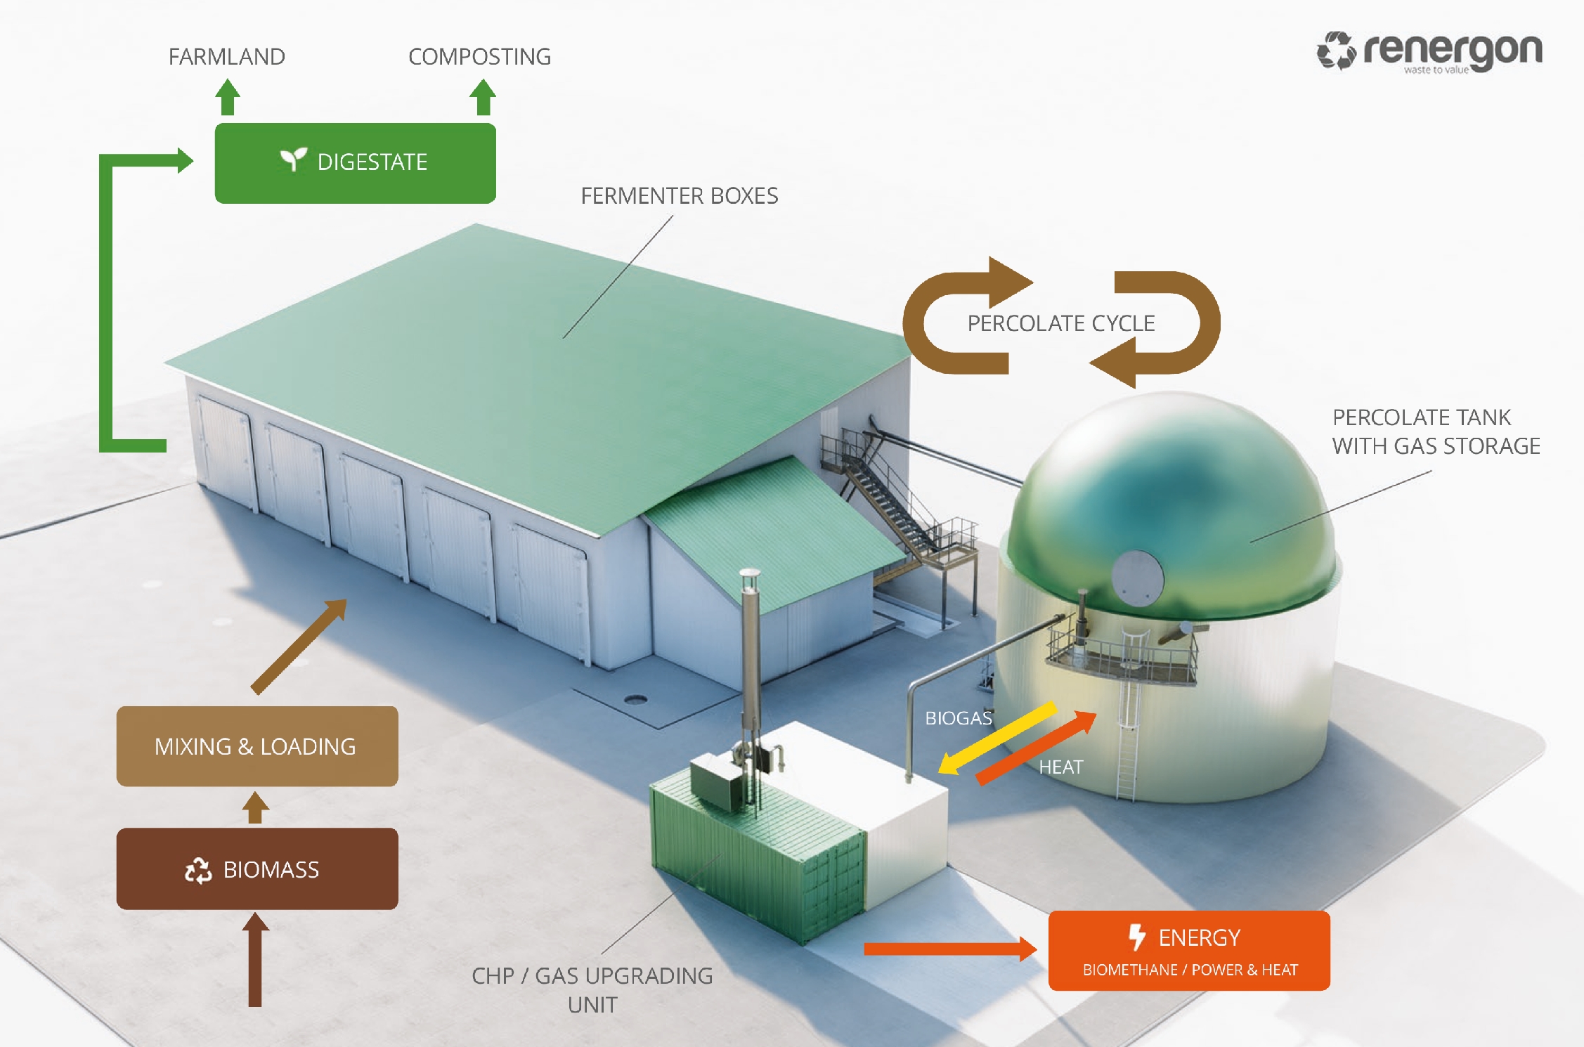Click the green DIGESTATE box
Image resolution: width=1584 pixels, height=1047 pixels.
pyautogui.click(x=356, y=163)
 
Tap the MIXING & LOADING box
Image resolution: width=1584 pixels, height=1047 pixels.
pyautogui.click(x=257, y=746)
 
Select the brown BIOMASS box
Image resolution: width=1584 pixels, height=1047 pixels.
pyautogui.click(x=257, y=869)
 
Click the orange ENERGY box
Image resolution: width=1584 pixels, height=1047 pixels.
pyautogui.click(x=1189, y=951)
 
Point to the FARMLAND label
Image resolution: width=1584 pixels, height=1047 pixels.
pyautogui.click(x=227, y=57)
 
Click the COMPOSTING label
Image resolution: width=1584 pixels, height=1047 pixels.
pyautogui.click(x=480, y=57)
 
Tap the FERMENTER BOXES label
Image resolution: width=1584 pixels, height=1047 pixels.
pyautogui.click(x=680, y=196)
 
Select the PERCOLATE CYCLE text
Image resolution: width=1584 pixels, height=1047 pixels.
pyautogui.click(x=1061, y=323)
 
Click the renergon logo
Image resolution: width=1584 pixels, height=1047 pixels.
pyautogui.click(x=1429, y=51)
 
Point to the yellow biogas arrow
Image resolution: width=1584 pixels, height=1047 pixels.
pyautogui.click(x=998, y=738)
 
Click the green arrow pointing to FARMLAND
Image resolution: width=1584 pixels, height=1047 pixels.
pyautogui.click(x=227, y=97)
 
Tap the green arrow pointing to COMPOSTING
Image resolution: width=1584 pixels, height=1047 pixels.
pyautogui.click(x=483, y=97)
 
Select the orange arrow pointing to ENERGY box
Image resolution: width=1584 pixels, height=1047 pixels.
pyautogui.click(x=950, y=949)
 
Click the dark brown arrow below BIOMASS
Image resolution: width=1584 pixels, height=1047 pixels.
pyautogui.click(x=255, y=959)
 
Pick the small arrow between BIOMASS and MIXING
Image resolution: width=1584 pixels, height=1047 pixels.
pyautogui.click(x=256, y=807)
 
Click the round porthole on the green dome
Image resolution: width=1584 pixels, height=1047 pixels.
pyautogui.click(x=1138, y=578)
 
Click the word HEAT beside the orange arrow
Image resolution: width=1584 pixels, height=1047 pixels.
pyautogui.click(x=1061, y=767)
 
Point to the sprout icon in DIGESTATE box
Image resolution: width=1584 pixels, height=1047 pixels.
pyautogui.click(x=294, y=160)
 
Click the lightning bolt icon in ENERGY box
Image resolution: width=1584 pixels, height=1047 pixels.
pyautogui.click(x=1137, y=937)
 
